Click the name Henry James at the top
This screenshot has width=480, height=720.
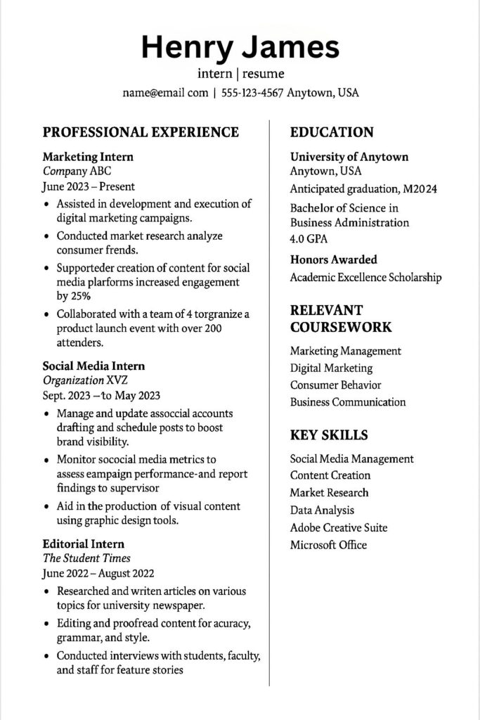pos(240,46)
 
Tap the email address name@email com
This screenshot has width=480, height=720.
pos(165,93)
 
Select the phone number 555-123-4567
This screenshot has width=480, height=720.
pos(252,93)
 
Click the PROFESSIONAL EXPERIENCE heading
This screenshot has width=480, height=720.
pos(141,132)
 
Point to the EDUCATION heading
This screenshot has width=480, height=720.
pos(332,132)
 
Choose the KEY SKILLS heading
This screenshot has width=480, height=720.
pos(329,435)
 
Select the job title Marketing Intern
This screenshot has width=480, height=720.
pos(88,157)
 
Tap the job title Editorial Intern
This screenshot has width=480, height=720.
pos(83,544)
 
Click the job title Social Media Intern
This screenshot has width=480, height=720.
pos(93,366)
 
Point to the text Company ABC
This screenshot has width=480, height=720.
pos(77,171)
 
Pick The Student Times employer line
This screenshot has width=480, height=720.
pos(86,558)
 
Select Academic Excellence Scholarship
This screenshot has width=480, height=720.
pos(365,277)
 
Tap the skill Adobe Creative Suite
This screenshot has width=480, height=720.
pos(339,527)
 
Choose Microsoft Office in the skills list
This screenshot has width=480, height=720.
pos(328,545)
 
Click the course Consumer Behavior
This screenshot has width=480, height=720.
pos(336,385)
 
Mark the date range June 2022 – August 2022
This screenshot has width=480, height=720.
pos(98,574)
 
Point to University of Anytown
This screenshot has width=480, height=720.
pos(349,157)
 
